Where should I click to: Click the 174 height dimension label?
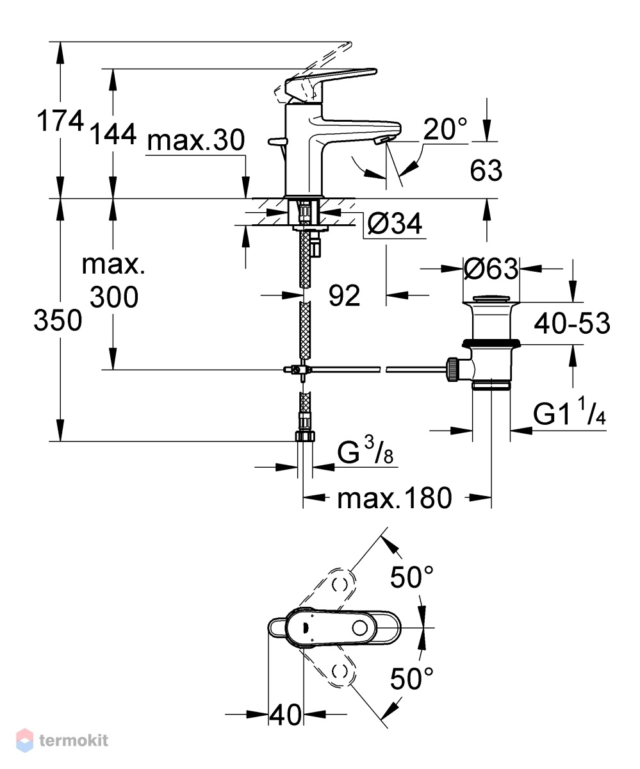pos(60,121)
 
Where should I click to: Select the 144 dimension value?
pos(113,134)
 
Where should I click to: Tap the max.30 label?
pos(196,140)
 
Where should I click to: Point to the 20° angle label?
pos(445,129)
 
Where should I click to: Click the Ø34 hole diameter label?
pos(395,224)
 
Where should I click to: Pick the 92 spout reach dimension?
pos(344,295)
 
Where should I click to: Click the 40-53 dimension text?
pos(572,324)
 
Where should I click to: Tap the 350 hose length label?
pos(58,320)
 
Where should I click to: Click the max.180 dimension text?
pos(395,498)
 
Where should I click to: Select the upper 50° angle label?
pos(412,577)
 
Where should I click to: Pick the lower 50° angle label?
pos(412,679)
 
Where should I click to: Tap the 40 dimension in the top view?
pos(285,715)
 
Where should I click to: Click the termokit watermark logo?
pos(63,740)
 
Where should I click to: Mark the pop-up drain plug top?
pos(491,299)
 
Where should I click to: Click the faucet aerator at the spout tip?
pos(381,140)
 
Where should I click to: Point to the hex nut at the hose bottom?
pos(305,436)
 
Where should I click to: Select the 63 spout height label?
pos(486,170)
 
